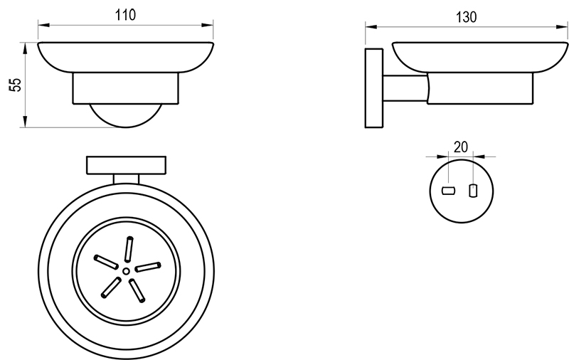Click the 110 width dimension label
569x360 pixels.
(x=126, y=15)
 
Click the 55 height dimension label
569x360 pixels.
(x=15, y=85)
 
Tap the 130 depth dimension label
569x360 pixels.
(x=466, y=17)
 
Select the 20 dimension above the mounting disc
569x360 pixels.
(x=461, y=147)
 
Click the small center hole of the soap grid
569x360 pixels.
(x=126, y=271)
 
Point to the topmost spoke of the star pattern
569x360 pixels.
(x=129, y=249)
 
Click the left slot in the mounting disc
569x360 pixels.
(x=449, y=191)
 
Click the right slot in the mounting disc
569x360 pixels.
(x=472, y=191)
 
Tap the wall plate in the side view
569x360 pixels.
(x=374, y=88)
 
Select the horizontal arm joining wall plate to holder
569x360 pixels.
(x=405, y=88)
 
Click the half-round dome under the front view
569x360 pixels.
(x=126, y=116)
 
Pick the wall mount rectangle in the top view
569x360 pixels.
(x=127, y=165)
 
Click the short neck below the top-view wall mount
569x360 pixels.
(x=126, y=179)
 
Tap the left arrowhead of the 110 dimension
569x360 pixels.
(x=43, y=25)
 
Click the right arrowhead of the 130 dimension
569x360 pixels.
(x=562, y=26)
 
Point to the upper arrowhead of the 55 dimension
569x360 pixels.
(x=25, y=48)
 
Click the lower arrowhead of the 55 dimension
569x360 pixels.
(x=25, y=122)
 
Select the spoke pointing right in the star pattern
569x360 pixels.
(x=148, y=267)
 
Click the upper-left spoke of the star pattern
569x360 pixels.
(x=105, y=262)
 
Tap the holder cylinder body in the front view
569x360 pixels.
(x=126, y=88)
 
